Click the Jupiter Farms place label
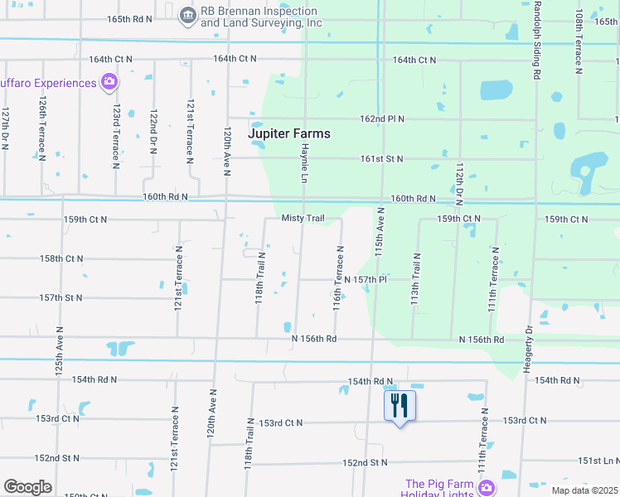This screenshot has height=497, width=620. (289, 133)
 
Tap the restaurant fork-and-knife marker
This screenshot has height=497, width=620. (400, 405)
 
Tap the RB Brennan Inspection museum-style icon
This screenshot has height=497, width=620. (188, 14)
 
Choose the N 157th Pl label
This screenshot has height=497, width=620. (366, 280)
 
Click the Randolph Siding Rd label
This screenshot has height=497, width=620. (536, 40)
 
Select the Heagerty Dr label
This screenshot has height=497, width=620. (528, 349)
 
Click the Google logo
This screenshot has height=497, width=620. (27, 486)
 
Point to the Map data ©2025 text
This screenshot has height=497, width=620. (584, 490)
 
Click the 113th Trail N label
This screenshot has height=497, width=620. (415, 278)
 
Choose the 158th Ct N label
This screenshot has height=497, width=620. (62, 258)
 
